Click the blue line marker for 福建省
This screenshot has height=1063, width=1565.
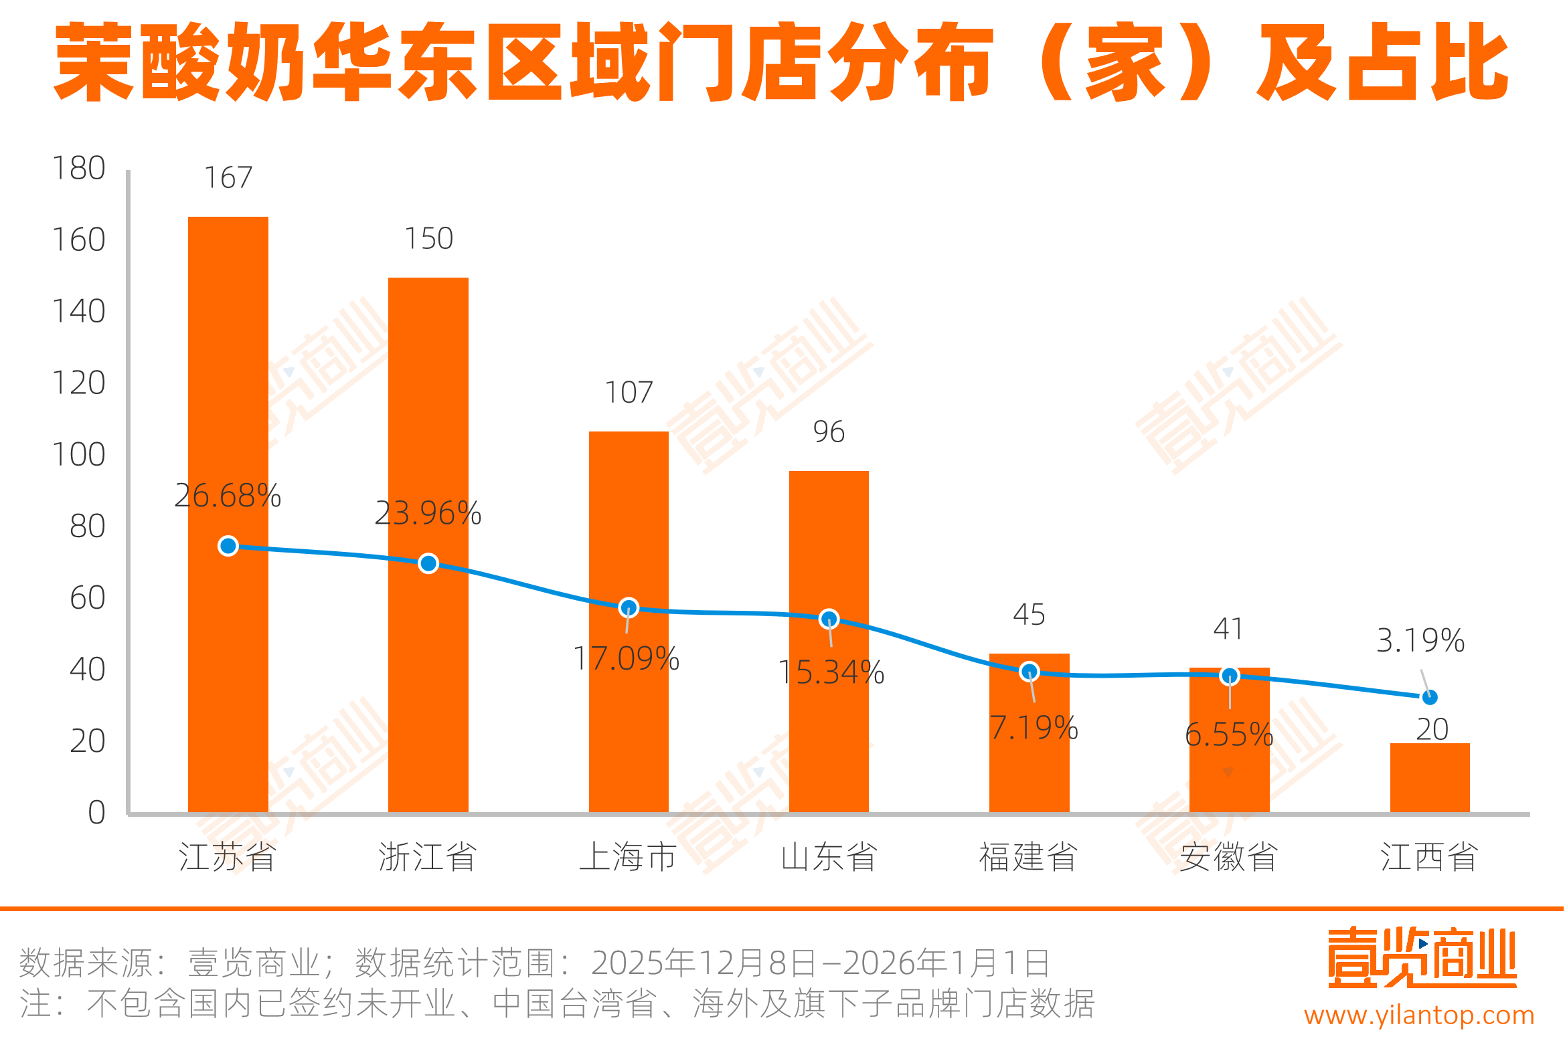coord(1029,671)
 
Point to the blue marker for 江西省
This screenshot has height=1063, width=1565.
coord(1430,698)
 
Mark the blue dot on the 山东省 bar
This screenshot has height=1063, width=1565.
coord(829,619)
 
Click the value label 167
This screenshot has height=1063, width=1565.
coord(228,178)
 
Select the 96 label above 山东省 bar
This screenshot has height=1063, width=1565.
coord(829,432)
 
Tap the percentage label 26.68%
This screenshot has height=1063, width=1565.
coord(228,496)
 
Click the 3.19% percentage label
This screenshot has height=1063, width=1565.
coord(1420,640)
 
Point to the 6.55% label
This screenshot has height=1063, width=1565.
coord(1229,735)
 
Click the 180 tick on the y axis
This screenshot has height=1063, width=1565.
coord(79,169)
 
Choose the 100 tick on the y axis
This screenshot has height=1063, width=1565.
coord(79,455)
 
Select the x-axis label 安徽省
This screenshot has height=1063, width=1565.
coord(1229,857)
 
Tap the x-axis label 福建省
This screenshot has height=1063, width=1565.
coord(1028,857)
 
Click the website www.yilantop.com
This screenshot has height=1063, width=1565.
coord(1419,1015)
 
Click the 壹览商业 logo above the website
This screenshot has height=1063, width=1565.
coord(1422,959)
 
